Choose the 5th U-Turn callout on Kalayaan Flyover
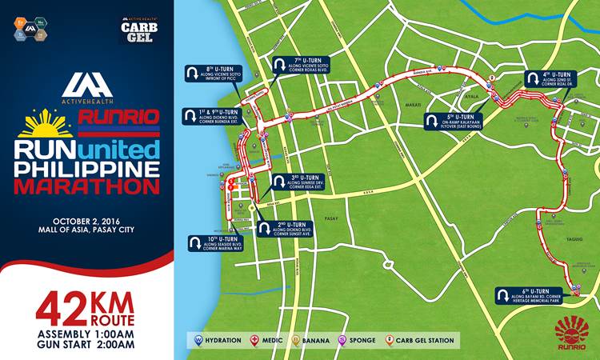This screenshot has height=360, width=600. click(455, 121)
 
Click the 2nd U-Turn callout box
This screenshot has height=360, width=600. click(285, 228)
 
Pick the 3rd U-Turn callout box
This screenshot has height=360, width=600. click(299, 182)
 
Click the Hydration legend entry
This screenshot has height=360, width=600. click(217, 340)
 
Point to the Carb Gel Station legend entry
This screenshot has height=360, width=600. click(421, 340)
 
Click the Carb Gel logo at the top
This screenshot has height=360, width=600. click(138, 30)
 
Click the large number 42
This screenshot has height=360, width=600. click(61, 307)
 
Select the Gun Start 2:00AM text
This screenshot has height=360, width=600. click(86, 345)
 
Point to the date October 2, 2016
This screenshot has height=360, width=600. click(86, 221)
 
